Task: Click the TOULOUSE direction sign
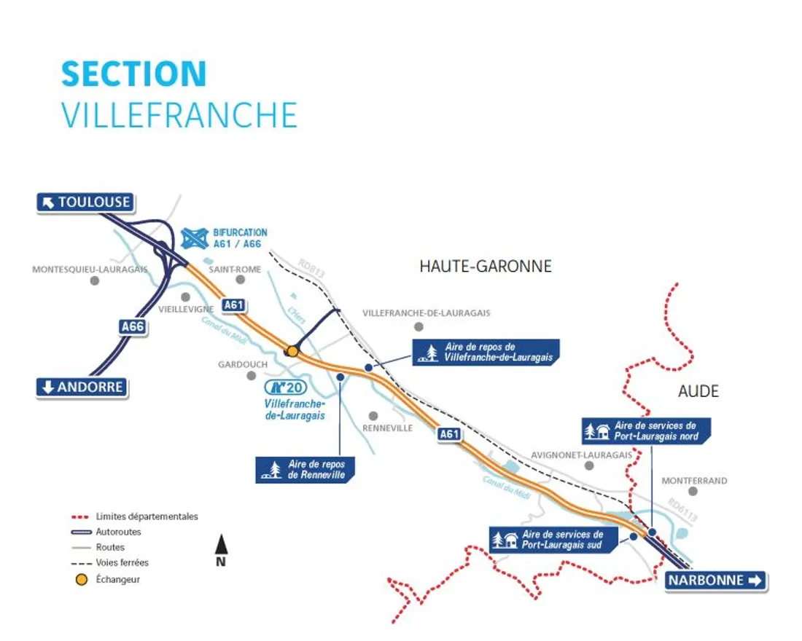click(x=85, y=202)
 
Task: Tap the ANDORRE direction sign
click(x=82, y=388)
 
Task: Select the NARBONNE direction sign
click(x=715, y=581)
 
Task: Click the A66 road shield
click(x=133, y=327)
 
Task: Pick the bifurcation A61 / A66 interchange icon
click(x=195, y=237)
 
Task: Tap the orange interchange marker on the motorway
click(x=292, y=351)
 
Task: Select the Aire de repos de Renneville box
click(x=306, y=469)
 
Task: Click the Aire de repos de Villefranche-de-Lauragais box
click(x=486, y=352)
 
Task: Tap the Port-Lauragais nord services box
click(x=646, y=430)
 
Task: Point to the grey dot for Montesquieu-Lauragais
click(x=94, y=280)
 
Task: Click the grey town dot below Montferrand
click(x=693, y=492)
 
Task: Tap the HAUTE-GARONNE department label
click(x=486, y=267)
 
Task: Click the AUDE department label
click(x=698, y=391)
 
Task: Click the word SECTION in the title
click(x=134, y=74)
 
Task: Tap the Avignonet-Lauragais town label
click(x=581, y=455)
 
